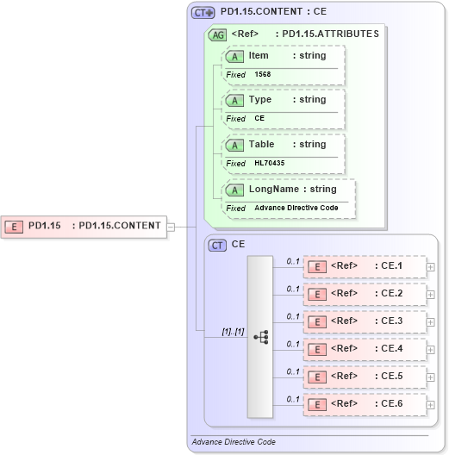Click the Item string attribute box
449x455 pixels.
click(284, 56)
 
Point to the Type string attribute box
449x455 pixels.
click(284, 100)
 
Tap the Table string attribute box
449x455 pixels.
click(284, 145)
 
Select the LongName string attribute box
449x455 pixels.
click(289, 190)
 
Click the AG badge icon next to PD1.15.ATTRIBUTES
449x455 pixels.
click(218, 34)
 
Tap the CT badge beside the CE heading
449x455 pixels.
click(218, 245)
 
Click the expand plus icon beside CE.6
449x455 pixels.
click(431, 404)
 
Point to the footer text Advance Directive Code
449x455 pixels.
click(234, 441)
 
